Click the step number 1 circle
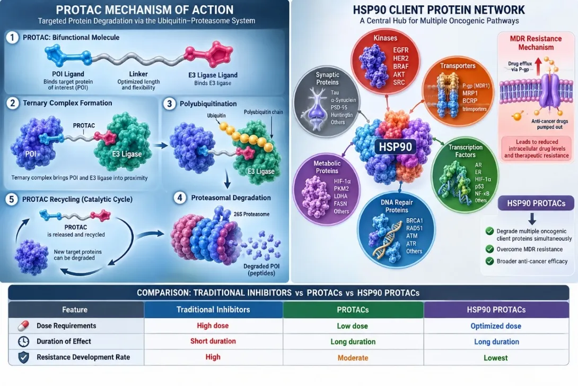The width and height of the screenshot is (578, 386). point(12,37)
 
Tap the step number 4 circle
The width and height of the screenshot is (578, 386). point(180,198)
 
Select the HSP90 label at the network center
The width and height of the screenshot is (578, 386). point(395,147)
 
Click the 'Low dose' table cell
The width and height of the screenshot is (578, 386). point(353,326)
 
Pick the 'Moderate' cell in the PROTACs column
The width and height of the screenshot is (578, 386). point(353,357)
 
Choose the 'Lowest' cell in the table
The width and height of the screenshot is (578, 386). point(496,357)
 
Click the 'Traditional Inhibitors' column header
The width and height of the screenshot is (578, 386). point(213,310)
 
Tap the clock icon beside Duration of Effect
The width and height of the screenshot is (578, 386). point(23,341)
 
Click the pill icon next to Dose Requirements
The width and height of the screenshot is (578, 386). point(23,326)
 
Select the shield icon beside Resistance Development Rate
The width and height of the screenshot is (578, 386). point(23,357)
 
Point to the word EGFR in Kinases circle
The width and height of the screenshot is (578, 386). point(401,50)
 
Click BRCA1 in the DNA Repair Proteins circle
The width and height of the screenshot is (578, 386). point(415,220)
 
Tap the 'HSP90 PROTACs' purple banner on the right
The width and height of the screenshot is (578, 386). point(536,203)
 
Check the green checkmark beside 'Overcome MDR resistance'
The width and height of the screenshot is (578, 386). point(489,249)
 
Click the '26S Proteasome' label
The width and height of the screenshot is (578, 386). point(251,214)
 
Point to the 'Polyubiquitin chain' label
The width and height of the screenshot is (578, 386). point(263,112)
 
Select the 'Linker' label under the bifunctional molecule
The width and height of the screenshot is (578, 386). point(138,74)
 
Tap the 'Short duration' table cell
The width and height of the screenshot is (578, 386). point(213,341)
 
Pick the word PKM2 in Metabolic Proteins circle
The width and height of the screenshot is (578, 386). point(341,188)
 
